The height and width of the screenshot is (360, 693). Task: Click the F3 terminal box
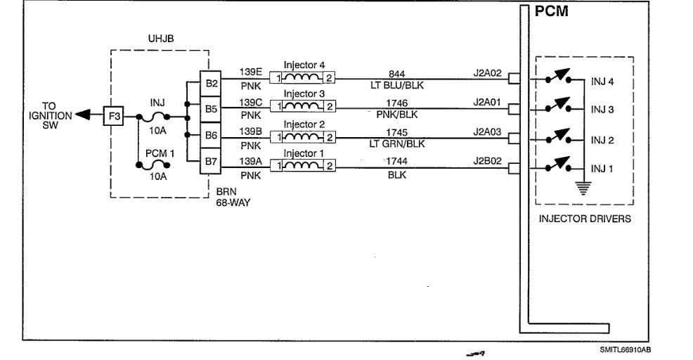[x=113, y=115]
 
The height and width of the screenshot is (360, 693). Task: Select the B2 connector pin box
[x=211, y=82]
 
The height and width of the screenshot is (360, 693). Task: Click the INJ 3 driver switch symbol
[x=560, y=108]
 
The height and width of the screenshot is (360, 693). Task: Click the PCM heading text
[x=551, y=12]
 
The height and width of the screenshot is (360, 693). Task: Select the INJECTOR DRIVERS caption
[x=585, y=219]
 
